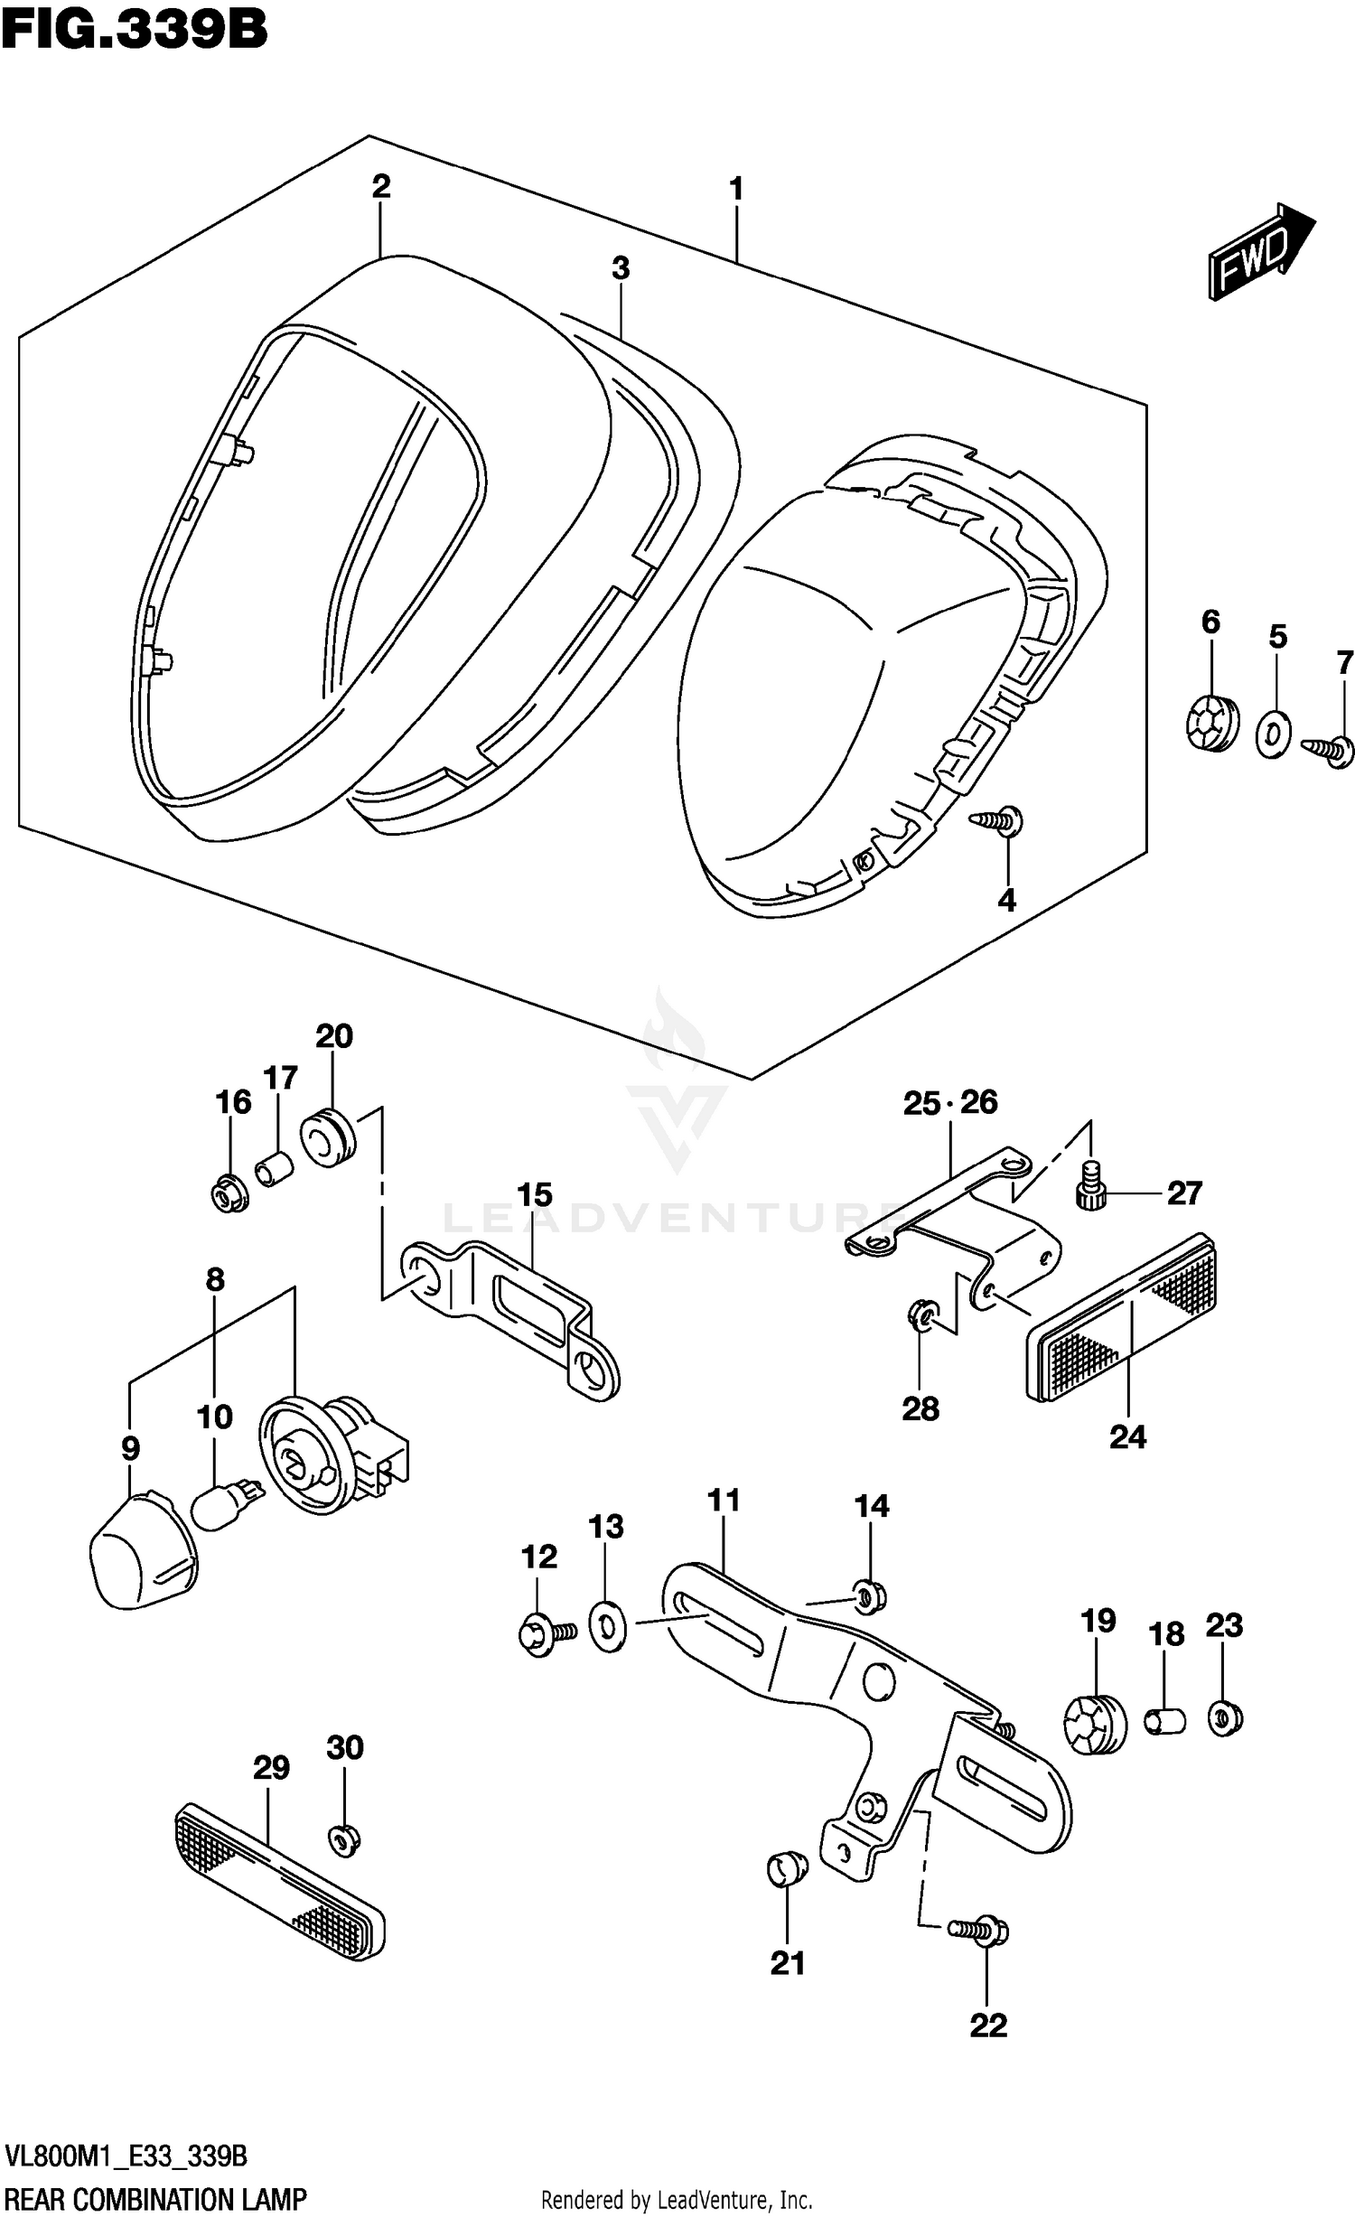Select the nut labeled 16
pyautogui.click(x=229, y=1196)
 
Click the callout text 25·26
pyautogui.click(x=949, y=1103)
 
